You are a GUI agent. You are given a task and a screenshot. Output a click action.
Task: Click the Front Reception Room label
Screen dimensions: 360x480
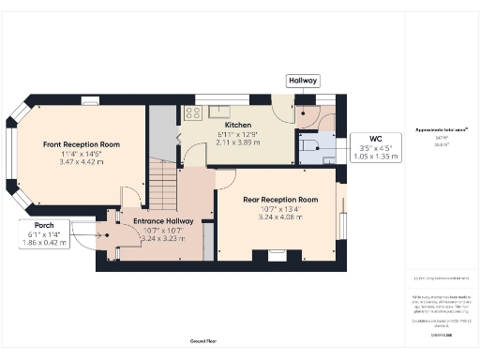[x=82, y=144]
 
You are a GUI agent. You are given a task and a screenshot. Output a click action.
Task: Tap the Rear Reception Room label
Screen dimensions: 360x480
[x=280, y=200]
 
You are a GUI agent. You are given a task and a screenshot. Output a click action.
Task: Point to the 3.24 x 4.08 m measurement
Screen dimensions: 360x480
[x=280, y=218]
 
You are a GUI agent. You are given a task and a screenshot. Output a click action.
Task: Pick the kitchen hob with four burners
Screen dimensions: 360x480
[x=194, y=113]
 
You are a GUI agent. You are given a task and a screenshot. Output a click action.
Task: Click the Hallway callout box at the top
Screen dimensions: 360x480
[x=302, y=82]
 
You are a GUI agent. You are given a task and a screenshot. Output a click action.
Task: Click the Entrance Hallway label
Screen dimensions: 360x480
[x=163, y=221]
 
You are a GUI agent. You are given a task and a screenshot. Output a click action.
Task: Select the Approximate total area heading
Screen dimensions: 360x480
[x=441, y=129]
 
